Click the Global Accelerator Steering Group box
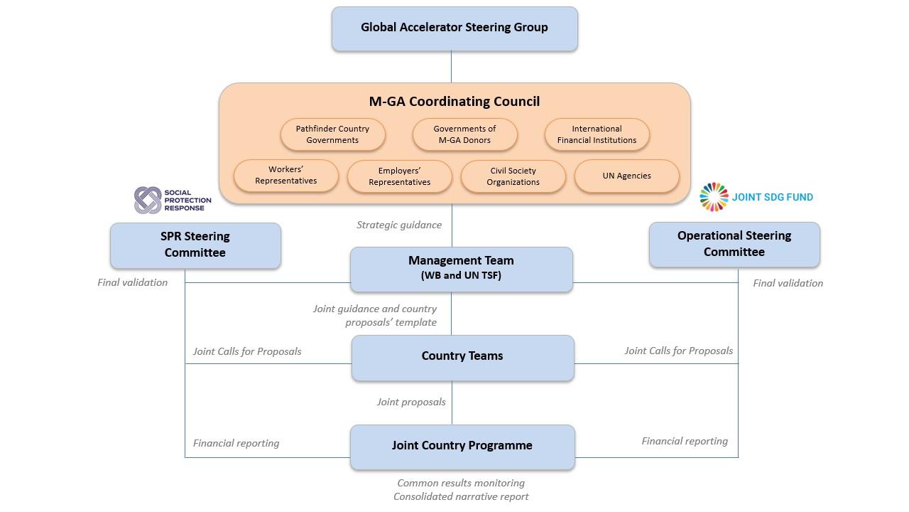click(454, 28)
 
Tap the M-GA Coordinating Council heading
click(454, 102)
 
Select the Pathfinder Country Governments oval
click(332, 134)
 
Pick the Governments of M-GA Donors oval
click(464, 134)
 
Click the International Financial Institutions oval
click(597, 134)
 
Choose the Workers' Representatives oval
click(286, 175)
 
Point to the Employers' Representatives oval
click(399, 176)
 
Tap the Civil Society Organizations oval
click(513, 176)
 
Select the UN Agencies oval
click(626, 176)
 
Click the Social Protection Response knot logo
click(148, 200)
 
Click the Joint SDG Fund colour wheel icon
click(714, 197)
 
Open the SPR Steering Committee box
click(195, 245)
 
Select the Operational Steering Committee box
click(734, 244)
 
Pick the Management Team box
click(461, 268)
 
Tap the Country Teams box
click(462, 357)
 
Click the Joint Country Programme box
click(462, 447)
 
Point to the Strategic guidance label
click(399, 225)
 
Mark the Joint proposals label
click(411, 402)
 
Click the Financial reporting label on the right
click(685, 441)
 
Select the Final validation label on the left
click(133, 282)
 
